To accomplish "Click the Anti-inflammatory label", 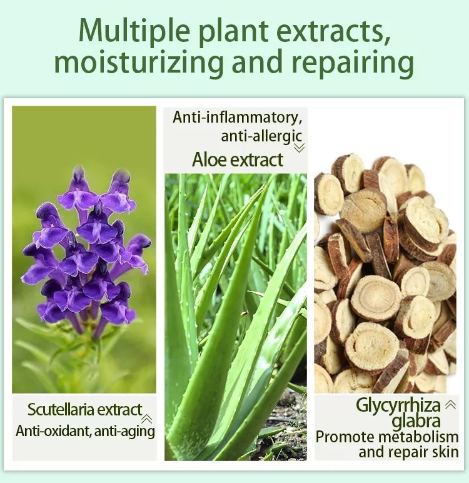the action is [x=238, y=118].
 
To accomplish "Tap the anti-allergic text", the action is [x=261, y=136].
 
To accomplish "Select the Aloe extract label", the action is [x=238, y=160].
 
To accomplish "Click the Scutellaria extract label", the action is [x=84, y=410].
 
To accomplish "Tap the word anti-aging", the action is [x=124, y=431].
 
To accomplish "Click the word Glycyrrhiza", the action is [x=398, y=405].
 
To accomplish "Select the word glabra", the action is [x=416, y=421].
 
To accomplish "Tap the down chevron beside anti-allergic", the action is [x=299, y=148].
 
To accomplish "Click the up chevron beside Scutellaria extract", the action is [x=146, y=419].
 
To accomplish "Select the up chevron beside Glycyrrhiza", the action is [x=450, y=404].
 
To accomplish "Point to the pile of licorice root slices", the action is [x=385, y=274].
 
